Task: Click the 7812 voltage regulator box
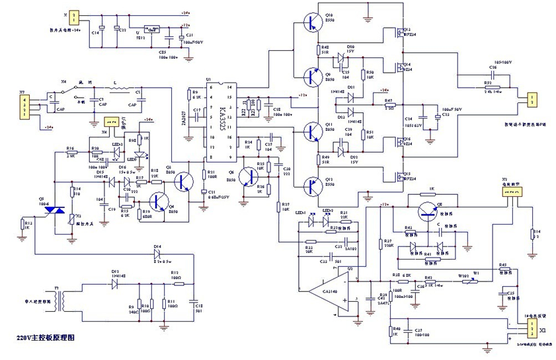[x=153, y=29]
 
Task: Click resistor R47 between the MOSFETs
[x=390, y=105]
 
